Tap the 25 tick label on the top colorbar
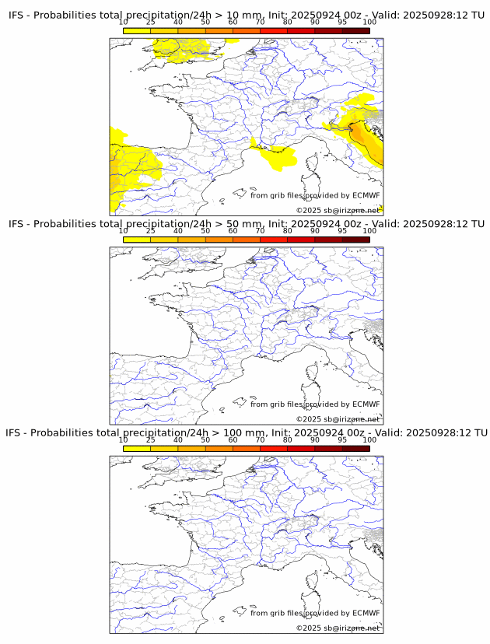151,22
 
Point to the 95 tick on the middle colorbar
342,230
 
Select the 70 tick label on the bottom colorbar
260,439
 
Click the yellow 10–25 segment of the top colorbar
137,30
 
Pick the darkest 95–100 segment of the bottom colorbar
355,448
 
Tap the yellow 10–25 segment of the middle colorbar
137,240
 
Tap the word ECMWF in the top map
366,195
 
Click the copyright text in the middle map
338,419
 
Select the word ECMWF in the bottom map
366,613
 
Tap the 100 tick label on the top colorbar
369,22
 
